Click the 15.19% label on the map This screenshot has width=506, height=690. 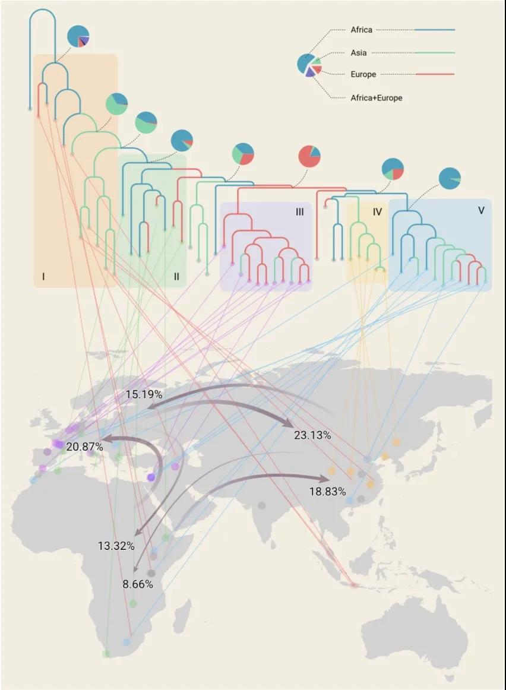(144, 394)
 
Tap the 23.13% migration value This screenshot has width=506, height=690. (312, 435)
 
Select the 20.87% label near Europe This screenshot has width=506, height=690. (85, 446)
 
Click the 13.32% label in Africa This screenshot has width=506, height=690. (116, 546)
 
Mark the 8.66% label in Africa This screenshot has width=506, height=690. (138, 584)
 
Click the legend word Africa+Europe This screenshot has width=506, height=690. (377, 97)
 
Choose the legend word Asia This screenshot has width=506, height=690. (359, 53)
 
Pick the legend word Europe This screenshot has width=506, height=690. (363, 74)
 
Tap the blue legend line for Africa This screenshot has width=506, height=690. (434, 30)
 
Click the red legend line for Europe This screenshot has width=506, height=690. (434, 74)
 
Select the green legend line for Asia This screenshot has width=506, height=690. (434, 53)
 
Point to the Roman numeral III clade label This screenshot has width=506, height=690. (300, 211)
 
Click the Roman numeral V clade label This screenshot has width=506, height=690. (480, 210)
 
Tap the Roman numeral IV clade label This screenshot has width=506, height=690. (378, 211)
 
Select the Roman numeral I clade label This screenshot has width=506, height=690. (44, 276)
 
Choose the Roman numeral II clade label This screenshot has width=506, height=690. (176, 276)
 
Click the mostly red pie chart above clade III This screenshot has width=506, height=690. (309, 156)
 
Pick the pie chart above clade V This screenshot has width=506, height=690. (450, 179)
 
